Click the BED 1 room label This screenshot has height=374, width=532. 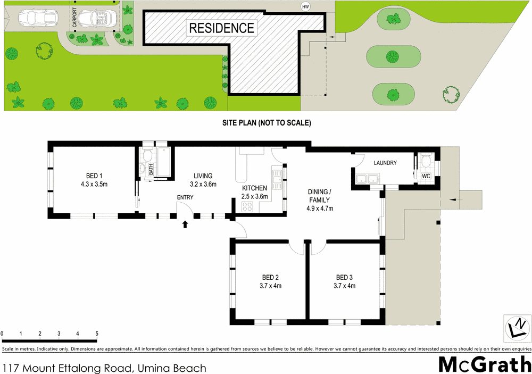(94, 177)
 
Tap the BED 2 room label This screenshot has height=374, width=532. (270, 277)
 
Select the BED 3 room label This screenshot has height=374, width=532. (344, 277)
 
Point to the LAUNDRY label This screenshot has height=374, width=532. (385, 163)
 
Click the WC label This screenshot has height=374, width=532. (426, 176)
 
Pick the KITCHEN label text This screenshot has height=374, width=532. (254, 188)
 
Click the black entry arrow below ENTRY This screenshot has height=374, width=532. (185, 225)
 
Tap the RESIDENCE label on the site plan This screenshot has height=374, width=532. (221, 27)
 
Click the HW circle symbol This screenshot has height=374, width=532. (305, 7)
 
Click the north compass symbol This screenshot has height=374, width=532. (517, 327)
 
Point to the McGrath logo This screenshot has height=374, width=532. (484, 364)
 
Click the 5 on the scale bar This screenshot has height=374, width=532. (97, 334)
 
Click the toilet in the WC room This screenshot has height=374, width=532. (425, 161)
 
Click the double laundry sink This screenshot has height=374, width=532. (367, 179)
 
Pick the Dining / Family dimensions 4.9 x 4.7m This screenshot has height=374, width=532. (320, 209)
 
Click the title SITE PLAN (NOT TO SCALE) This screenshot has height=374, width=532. (266, 123)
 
